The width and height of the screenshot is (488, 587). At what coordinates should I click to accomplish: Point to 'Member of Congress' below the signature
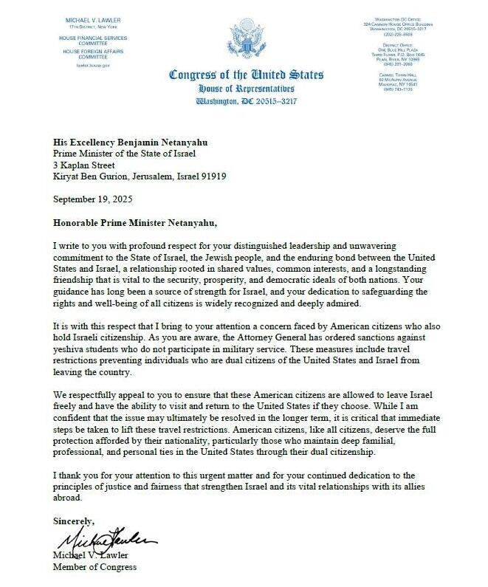pyautogui.click(x=94, y=567)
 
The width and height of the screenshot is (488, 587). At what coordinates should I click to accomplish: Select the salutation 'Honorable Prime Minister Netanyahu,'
pyautogui.click(x=137, y=221)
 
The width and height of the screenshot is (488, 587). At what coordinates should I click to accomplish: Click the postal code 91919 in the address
pyautogui.click(x=210, y=177)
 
